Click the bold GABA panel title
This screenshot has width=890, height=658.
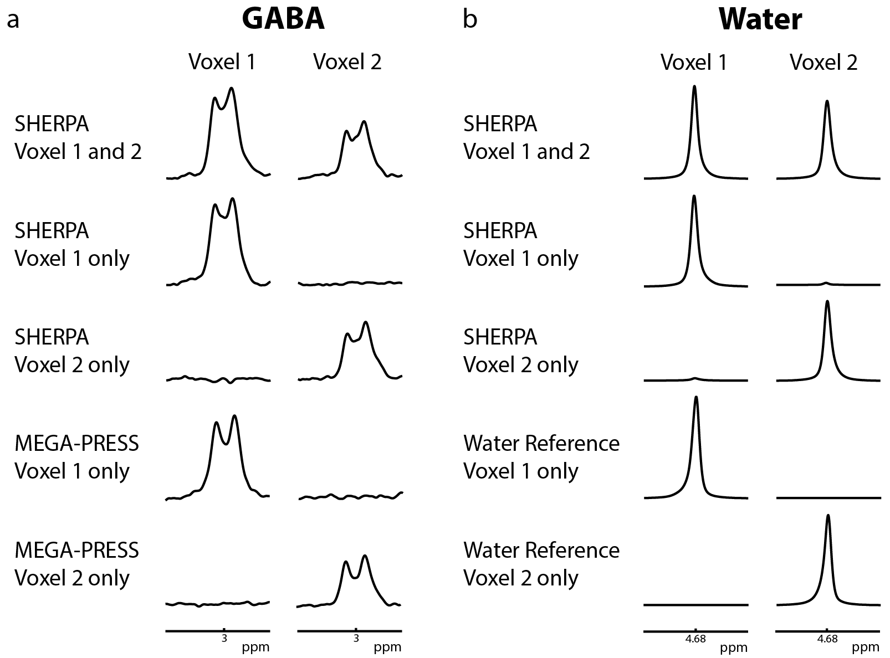pyautogui.click(x=283, y=19)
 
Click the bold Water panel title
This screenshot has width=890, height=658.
pyautogui.click(x=760, y=19)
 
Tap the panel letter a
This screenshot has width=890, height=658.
pyautogui.click(x=13, y=20)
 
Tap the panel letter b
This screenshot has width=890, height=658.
pyautogui.click(x=469, y=20)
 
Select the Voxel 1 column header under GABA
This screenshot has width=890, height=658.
pyautogui.click(x=222, y=62)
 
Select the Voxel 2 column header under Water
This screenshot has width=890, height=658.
pyautogui.click(x=823, y=62)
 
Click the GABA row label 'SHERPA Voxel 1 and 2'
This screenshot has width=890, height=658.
pyautogui.click(x=78, y=137)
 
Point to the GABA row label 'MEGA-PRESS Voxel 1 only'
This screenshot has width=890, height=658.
pyautogui.click(x=76, y=457)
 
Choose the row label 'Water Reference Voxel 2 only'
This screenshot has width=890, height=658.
pyautogui.click(x=541, y=564)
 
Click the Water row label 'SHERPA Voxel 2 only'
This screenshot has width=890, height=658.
pyautogui.click(x=521, y=351)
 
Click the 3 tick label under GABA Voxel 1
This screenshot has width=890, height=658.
pyautogui.click(x=224, y=638)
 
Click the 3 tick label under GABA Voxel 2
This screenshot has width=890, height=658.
pyautogui.click(x=356, y=638)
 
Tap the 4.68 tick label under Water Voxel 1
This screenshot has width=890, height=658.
pyautogui.click(x=695, y=638)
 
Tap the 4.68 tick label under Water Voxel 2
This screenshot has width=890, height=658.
pyautogui.click(x=827, y=638)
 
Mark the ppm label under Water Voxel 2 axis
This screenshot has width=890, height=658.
pyautogui.click(x=866, y=647)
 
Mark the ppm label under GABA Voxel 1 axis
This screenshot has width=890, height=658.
pyautogui.click(x=255, y=647)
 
